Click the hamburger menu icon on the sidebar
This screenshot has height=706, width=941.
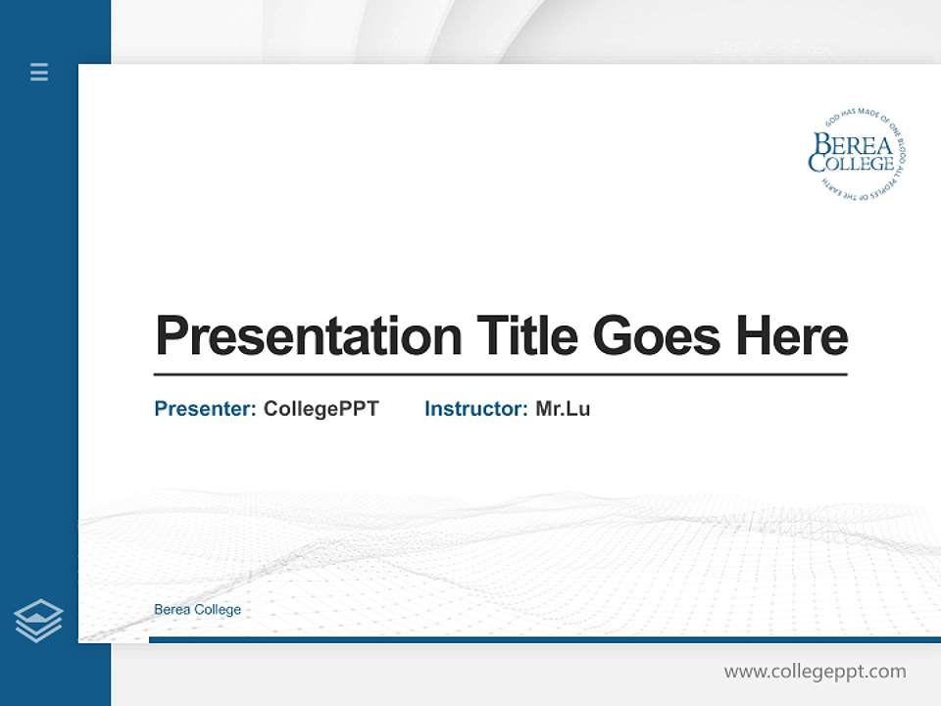[x=39, y=72]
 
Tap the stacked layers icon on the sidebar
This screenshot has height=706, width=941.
[x=38, y=621]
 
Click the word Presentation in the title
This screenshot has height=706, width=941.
[x=309, y=336]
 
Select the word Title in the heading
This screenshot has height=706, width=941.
[x=527, y=335]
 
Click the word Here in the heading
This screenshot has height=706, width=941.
[x=792, y=335]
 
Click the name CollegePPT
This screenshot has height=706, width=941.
[x=322, y=409]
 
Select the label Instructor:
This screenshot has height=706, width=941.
[x=476, y=409]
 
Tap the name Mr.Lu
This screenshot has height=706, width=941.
[x=563, y=409]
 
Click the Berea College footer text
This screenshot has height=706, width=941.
[x=197, y=610]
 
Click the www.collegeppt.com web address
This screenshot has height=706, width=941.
[x=815, y=672]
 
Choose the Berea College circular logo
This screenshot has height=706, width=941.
[x=854, y=155]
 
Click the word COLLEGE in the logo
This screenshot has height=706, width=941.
[x=851, y=164]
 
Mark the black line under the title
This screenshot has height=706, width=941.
[x=500, y=375]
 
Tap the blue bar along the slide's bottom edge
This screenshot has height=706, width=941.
[x=544, y=639]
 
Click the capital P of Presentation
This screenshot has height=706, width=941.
[x=172, y=336]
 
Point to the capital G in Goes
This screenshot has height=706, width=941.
[x=615, y=336]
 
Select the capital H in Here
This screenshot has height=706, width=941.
[x=755, y=336]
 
